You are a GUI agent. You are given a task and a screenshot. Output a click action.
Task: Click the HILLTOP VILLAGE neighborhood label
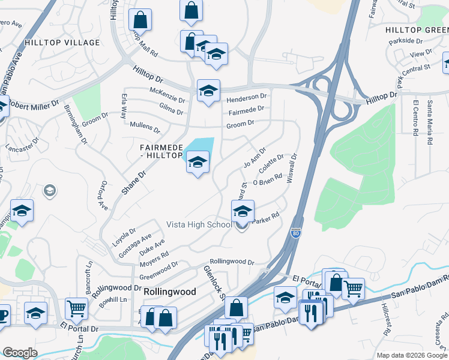click(x=62, y=43)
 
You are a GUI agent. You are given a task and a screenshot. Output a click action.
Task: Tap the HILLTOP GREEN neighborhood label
click(x=417, y=29)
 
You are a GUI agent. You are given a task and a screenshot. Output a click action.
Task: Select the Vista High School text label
click(x=199, y=224)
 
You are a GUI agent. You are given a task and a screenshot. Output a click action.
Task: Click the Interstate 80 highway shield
click(x=296, y=232)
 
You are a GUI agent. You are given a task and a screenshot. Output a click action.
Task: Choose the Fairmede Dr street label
click(x=246, y=110)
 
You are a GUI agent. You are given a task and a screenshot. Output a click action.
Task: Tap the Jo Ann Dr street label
click(x=255, y=157)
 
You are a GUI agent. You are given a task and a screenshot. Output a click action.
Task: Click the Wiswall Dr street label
click(x=294, y=169)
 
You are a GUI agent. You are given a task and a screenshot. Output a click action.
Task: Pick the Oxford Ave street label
click(x=103, y=196)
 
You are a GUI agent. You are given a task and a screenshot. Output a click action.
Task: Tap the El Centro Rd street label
click(x=415, y=117)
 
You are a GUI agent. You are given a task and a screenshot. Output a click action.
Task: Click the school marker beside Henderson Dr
click(x=208, y=91)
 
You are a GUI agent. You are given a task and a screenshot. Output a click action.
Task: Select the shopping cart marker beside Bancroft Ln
click(x=77, y=310)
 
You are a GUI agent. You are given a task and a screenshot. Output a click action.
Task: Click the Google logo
click(x=20, y=353)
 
